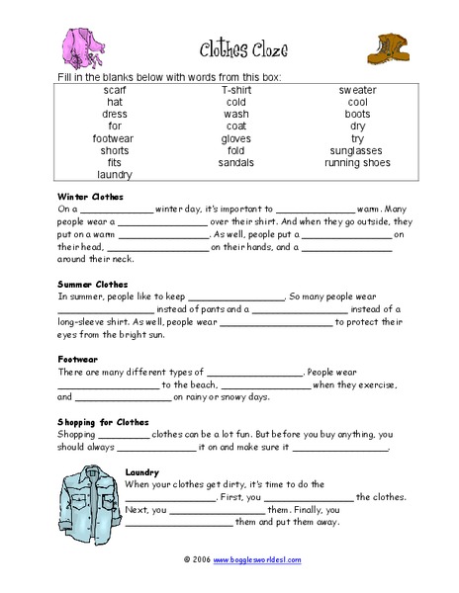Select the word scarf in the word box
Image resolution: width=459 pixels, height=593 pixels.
tap(115, 90)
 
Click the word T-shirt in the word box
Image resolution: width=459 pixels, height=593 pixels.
tap(235, 90)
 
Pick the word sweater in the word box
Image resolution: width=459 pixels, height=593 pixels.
tap(357, 90)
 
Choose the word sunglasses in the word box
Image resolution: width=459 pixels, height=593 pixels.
tap(357, 150)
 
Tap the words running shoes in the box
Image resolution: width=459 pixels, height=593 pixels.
tap(357, 162)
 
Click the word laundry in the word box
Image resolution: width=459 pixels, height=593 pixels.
tap(115, 175)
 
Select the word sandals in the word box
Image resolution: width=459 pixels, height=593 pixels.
tap(235, 162)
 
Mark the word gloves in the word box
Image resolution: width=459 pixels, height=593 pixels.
tap(235, 138)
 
